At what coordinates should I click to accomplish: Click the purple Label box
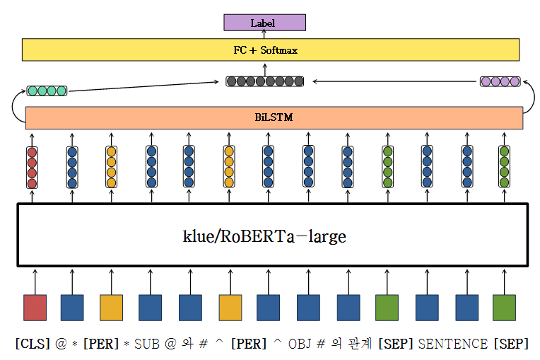point(264,23)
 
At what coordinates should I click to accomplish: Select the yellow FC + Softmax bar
point(271,50)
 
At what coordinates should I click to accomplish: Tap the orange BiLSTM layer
point(274,117)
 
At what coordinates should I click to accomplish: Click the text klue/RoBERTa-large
point(264,236)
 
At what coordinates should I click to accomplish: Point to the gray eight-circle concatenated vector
point(265,81)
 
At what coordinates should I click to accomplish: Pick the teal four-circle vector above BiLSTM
point(47,91)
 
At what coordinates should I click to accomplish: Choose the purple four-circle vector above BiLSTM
point(500,81)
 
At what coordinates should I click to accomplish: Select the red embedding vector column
point(32,168)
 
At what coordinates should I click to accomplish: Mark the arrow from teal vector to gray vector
point(141,86)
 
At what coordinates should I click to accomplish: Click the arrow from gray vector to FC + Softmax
point(265,69)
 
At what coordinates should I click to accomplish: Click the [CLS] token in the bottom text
point(31,344)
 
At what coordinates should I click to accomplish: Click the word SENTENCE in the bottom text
point(453,344)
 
